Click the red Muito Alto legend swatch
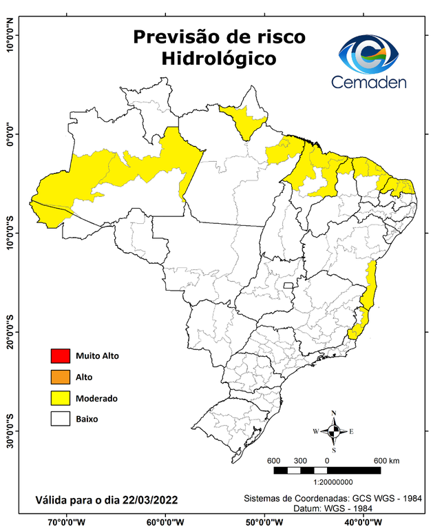[60, 356]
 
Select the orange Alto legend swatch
[60, 377]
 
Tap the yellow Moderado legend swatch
[60, 398]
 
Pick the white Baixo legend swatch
[60, 418]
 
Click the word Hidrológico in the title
[219, 59]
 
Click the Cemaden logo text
[369, 83]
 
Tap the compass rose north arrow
[334, 431]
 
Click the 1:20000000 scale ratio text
[334, 483]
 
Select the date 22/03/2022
[138, 499]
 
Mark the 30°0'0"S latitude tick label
[10, 431]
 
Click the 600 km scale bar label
[386, 461]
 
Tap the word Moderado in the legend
[96, 398]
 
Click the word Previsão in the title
[172, 36]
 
